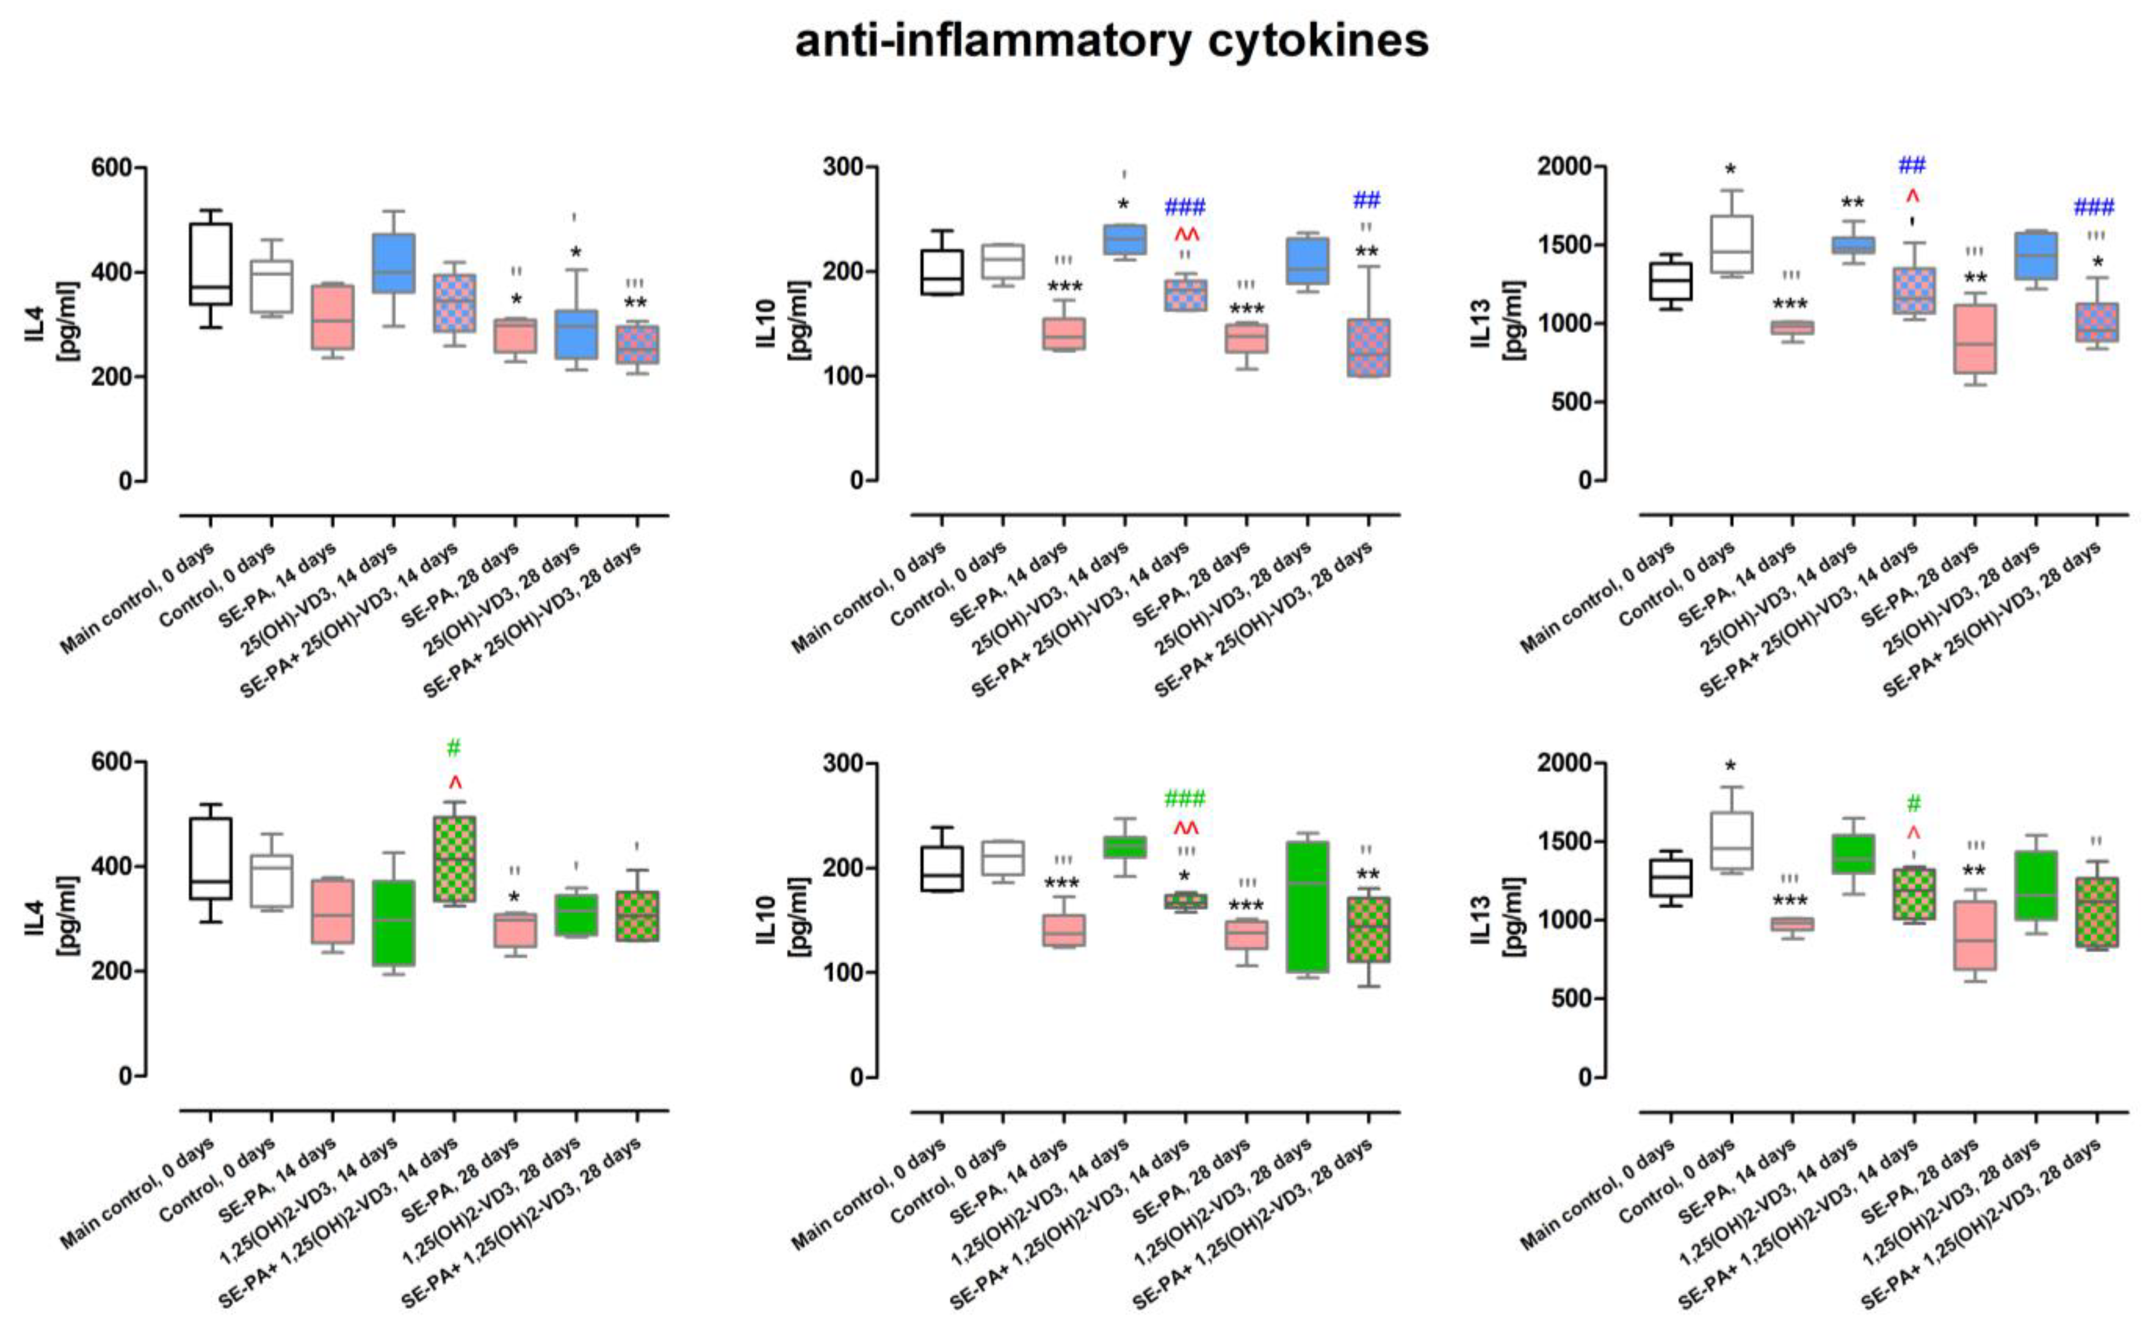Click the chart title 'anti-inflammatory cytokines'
tap(1111, 41)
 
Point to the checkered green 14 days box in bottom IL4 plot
tap(454, 859)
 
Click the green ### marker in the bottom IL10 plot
tap(1185, 799)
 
